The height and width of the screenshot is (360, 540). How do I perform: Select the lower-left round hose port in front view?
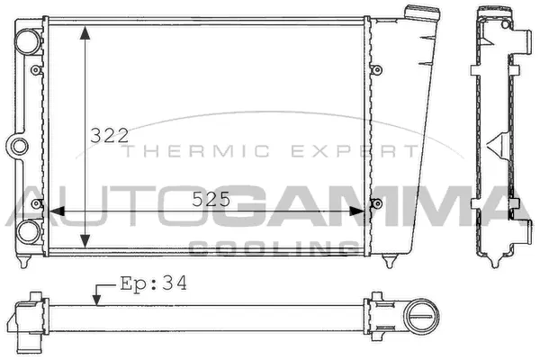(x=27, y=229)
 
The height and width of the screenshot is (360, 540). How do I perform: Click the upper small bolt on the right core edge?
(x=376, y=68)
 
